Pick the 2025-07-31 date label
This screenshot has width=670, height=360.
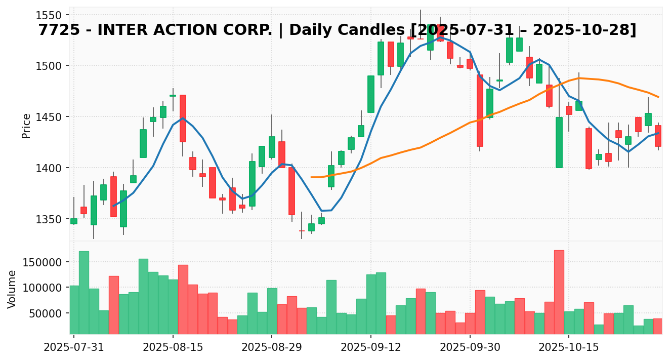74,348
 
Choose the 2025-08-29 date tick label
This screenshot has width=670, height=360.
272,348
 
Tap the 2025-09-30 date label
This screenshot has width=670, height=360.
470,348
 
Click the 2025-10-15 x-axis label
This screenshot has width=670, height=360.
569,348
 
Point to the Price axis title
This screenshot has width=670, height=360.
26,126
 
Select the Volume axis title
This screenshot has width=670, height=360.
12,289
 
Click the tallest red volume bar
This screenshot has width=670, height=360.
559,292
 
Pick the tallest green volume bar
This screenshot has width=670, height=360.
84,293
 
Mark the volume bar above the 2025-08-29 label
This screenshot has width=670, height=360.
272,311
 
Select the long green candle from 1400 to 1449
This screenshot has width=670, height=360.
559,142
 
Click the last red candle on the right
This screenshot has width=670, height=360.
658,136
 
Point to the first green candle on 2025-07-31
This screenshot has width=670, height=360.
74,221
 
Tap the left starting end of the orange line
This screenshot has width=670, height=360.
311,177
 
